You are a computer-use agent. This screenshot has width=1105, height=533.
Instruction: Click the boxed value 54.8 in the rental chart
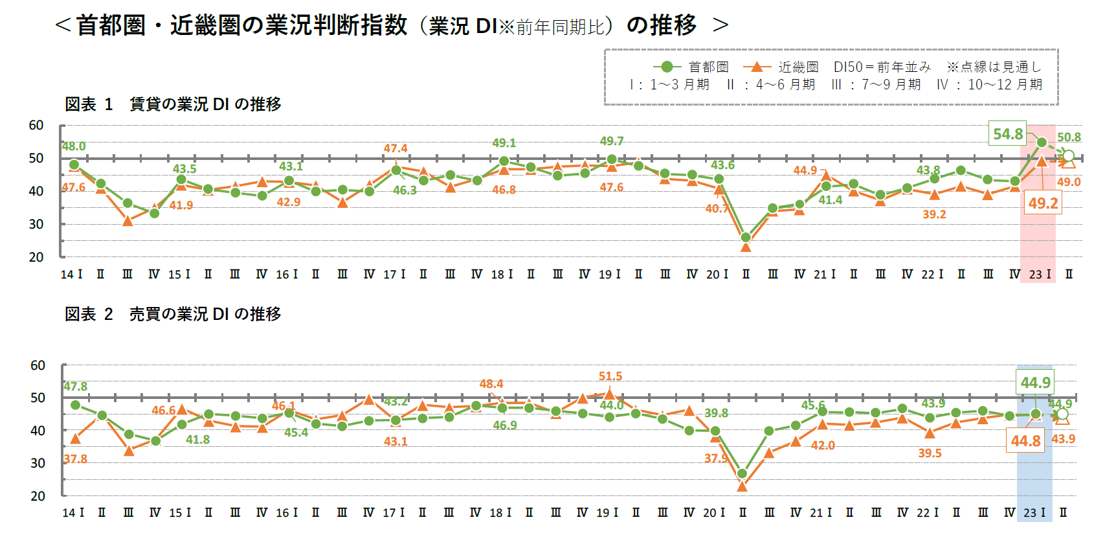1008,134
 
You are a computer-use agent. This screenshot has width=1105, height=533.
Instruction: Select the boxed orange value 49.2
1043,203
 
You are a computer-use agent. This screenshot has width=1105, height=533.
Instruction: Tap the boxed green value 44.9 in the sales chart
1035,383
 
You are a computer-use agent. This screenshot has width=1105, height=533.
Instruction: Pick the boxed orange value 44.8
1026,441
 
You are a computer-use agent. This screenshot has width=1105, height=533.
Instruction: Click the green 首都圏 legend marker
667,67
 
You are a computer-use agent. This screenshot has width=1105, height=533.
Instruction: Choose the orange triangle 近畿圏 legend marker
757,67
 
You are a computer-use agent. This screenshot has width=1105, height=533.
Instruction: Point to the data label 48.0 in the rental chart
74,146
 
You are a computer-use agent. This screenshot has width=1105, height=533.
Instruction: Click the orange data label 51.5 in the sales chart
610,376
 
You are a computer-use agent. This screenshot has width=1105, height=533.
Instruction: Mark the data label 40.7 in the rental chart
717,209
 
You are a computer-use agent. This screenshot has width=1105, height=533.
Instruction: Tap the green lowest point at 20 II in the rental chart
746,238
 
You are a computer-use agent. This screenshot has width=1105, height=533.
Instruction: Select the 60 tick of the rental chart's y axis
36,126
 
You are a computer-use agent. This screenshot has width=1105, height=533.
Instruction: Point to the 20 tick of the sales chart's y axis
38,496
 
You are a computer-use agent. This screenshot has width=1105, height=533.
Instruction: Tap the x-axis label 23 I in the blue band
1034,513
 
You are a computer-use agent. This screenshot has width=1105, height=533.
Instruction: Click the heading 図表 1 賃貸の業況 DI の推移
173,104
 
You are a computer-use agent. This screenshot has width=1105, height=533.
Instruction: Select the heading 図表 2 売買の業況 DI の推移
173,314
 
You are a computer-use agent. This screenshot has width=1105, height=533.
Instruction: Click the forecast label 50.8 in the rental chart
1069,137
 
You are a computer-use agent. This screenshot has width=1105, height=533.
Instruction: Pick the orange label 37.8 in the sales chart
75,459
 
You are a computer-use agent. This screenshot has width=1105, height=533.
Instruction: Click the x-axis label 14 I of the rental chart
71,275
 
